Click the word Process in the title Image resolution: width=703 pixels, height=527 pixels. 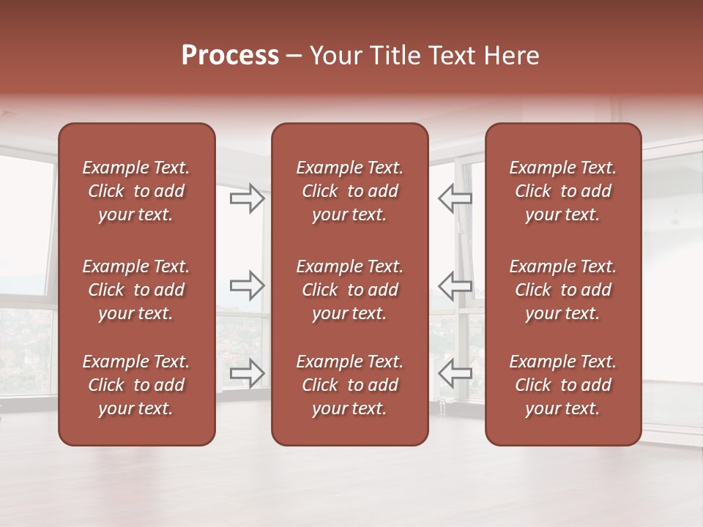coord(230,56)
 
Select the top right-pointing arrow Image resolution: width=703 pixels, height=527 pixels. coord(247,198)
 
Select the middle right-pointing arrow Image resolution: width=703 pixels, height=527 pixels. coord(247,285)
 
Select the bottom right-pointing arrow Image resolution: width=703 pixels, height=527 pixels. coord(247,373)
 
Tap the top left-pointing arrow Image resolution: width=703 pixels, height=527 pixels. coord(455,198)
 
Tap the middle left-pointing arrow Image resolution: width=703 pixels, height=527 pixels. coord(455,285)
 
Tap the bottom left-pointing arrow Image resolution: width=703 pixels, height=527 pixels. coord(455,373)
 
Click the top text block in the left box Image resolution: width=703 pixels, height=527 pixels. coord(136,191)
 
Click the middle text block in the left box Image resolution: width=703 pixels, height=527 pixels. coord(136,290)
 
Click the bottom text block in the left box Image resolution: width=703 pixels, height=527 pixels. coord(136,385)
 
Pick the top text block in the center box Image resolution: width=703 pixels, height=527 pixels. coord(349,191)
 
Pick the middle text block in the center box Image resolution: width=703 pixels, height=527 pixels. coord(349,290)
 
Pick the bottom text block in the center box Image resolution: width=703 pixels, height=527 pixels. coord(349,385)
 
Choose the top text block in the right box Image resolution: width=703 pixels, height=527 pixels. coord(562,191)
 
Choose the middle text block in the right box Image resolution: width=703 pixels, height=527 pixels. coord(562,290)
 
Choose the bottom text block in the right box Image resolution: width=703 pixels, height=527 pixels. coord(562,385)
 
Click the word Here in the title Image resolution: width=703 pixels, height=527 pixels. coord(513,56)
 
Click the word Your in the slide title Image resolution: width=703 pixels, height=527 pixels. coord(336,56)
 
